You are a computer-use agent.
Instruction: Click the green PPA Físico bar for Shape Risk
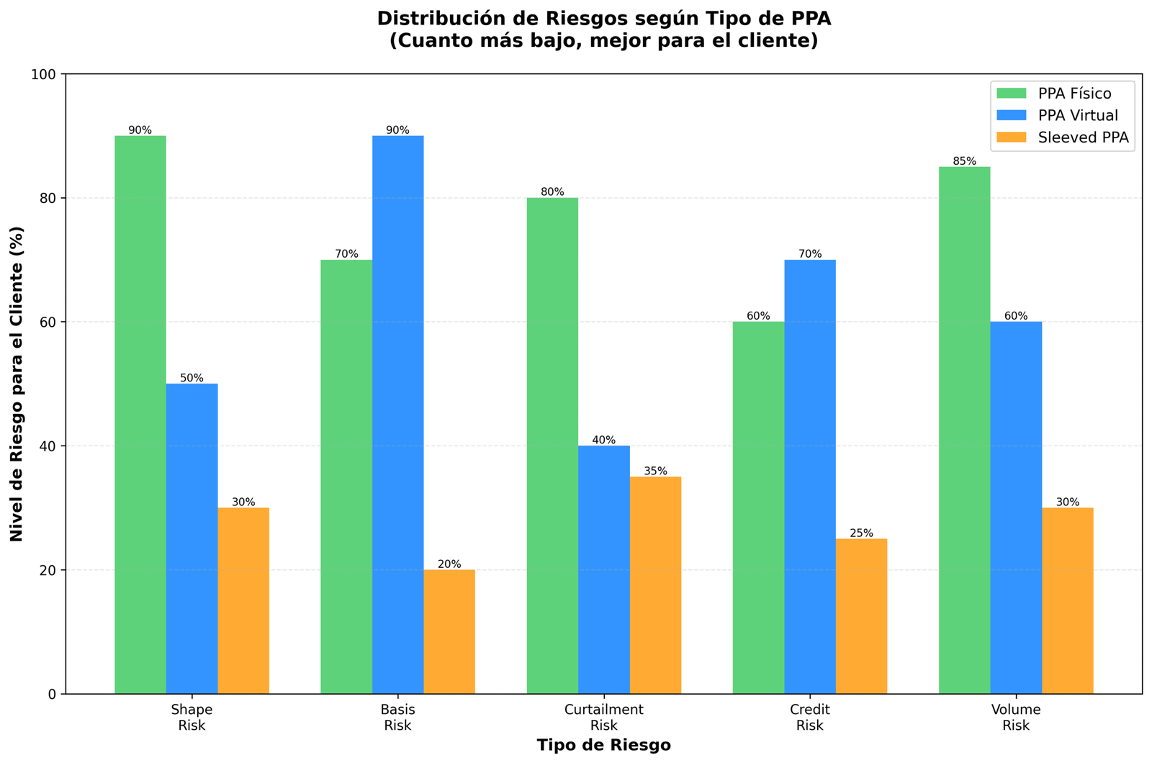point(140,415)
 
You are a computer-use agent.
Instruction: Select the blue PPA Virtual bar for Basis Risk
point(398,415)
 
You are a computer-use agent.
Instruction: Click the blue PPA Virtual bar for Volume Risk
point(1016,507)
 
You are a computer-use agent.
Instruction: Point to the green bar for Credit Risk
point(758,507)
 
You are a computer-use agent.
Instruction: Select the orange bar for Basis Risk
point(449,632)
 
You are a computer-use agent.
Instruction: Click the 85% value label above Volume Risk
point(964,161)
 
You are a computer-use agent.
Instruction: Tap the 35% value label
point(655,471)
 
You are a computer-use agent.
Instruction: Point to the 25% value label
point(861,533)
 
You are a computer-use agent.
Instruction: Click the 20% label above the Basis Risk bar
point(449,564)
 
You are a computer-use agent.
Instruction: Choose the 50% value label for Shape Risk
point(192,378)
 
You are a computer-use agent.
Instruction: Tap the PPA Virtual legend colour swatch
point(1011,115)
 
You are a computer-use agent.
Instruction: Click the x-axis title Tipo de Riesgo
point(603,746)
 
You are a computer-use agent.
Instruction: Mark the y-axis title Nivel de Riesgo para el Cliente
point(17,384)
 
